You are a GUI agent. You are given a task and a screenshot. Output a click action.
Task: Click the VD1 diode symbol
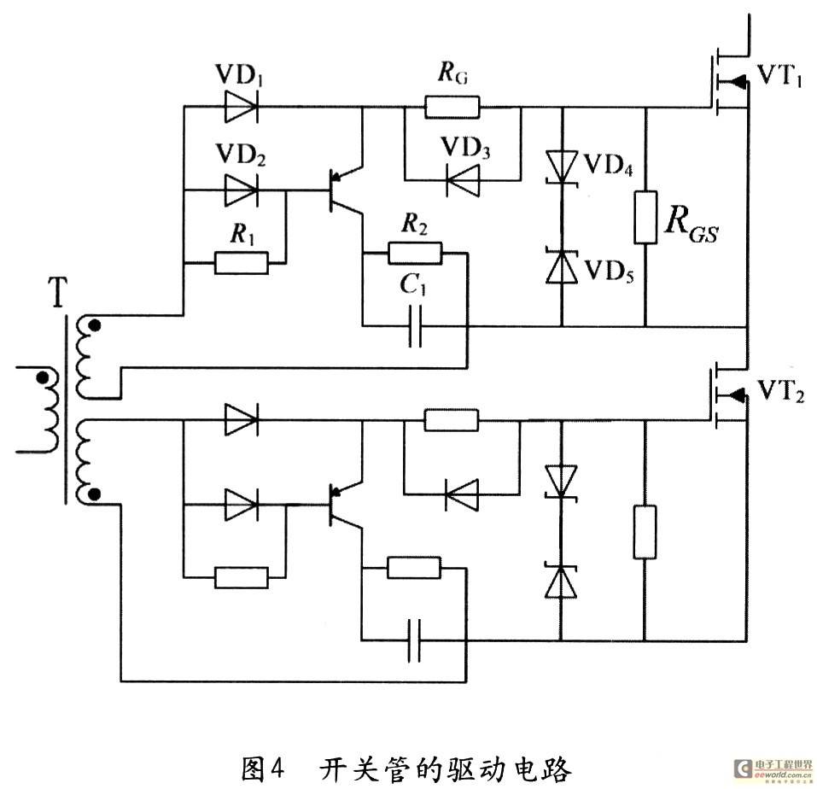pos(242,107)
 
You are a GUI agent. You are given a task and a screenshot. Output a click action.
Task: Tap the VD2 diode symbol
pos(242,190)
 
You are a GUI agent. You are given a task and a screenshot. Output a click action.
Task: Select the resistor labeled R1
pos(242,263)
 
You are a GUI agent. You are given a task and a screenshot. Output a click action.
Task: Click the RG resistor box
pos(452,107)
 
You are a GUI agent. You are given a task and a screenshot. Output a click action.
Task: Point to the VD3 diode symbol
pos(463,180)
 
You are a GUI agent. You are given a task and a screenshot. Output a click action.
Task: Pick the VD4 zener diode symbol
pos(562,167)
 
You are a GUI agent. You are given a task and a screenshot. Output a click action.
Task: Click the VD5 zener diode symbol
pos(562,266)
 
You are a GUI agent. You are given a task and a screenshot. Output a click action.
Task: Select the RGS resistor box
pos(645,217)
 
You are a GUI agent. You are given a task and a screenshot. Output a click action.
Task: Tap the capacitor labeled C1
pos(415,327)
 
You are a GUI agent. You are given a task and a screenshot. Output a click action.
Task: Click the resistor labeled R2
pos(415,254)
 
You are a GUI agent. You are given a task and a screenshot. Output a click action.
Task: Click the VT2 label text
pos(780,390)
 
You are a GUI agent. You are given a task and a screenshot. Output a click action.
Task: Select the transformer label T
pos(57,292)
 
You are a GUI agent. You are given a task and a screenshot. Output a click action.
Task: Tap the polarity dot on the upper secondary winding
pos(94,326)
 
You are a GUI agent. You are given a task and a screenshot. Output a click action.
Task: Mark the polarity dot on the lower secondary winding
pos(94,494)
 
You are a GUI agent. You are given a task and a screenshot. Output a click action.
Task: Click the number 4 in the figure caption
pos(277,767)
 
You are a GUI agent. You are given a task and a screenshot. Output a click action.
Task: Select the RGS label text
pos(692,223)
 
